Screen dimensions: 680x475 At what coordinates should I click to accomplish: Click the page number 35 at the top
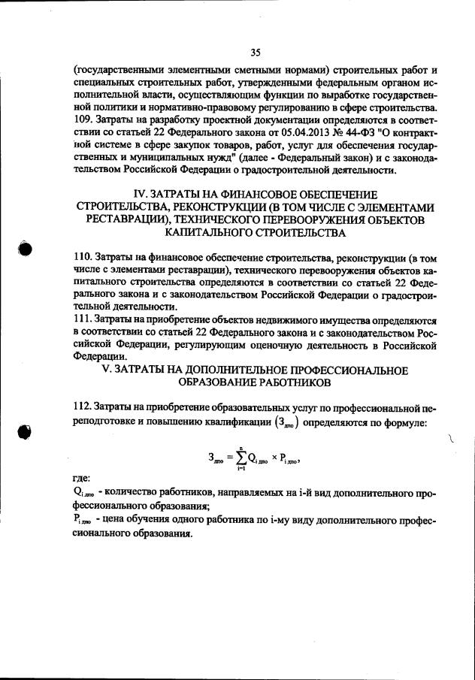tap(256, 52)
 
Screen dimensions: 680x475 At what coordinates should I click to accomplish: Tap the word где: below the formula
tap(77, 478)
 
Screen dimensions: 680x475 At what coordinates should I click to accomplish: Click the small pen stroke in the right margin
tap(451, 442)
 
